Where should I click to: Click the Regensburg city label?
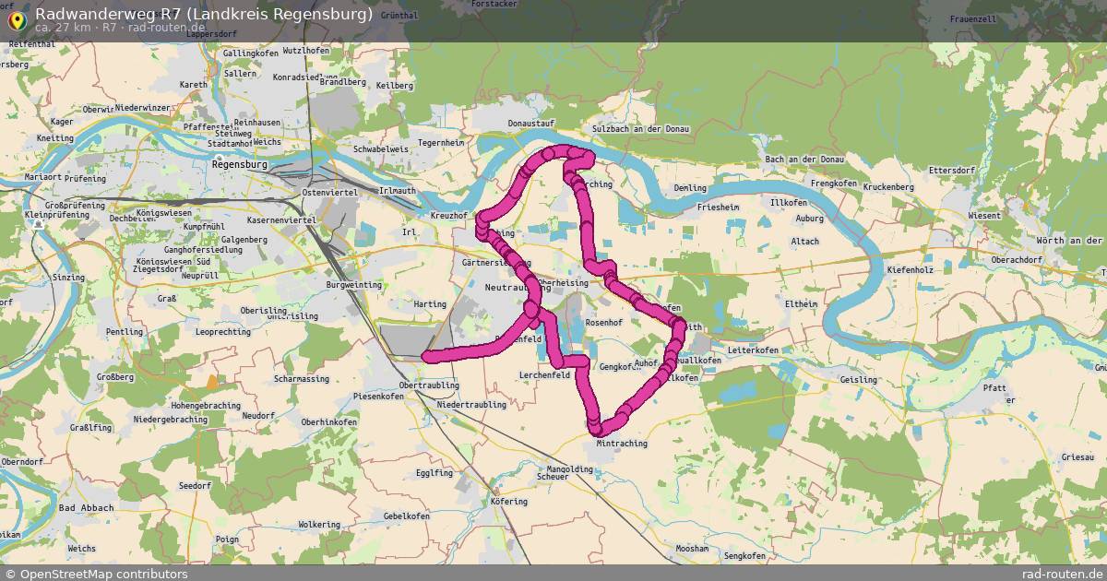pos(239,165)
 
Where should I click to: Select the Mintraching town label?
pos(622,444)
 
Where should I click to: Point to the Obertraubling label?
pos(429,385)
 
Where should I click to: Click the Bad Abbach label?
pos(86,508)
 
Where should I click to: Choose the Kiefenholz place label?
pos(911,270)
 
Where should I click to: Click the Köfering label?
pos(509,502)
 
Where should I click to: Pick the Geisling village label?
pos(858,380)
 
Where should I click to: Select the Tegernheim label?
pos(441,143)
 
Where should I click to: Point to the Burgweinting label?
pos(354,285)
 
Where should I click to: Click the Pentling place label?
pos(125,332)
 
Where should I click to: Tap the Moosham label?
pos(692,549)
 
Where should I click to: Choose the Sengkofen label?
pos(744,556)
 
